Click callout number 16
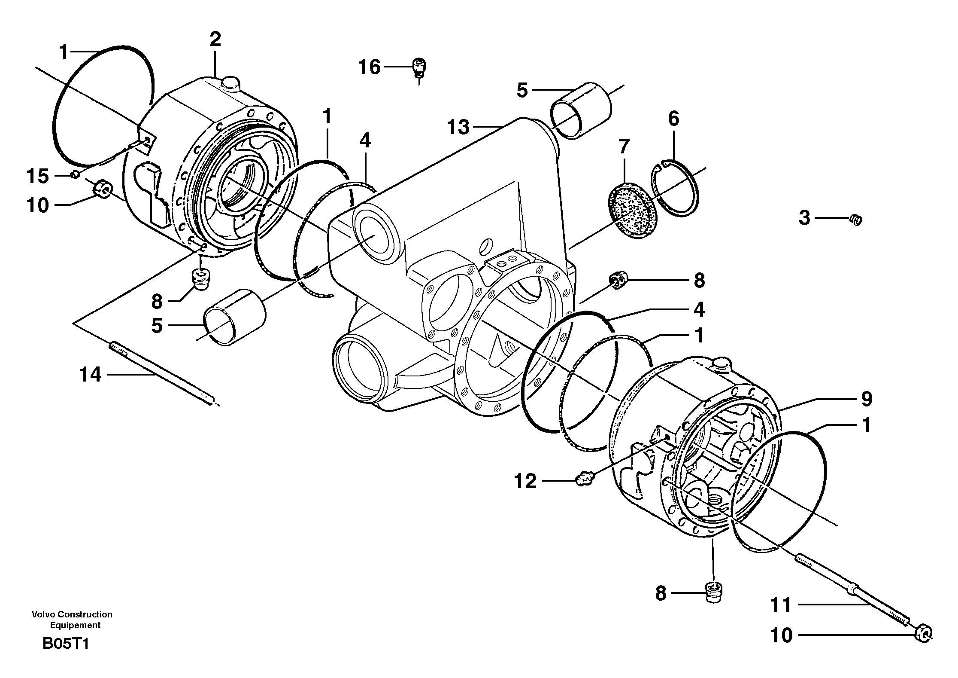(370, 67)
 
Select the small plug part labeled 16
(418, 68)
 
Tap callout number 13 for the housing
(458, 127)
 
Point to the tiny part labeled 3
(856, 220)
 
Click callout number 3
(804, 218)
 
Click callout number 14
(90, 375)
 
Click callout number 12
(525, 481)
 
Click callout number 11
(781, 605)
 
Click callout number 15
(38, 176)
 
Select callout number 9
(866, 399)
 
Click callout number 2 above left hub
(215, 40)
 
